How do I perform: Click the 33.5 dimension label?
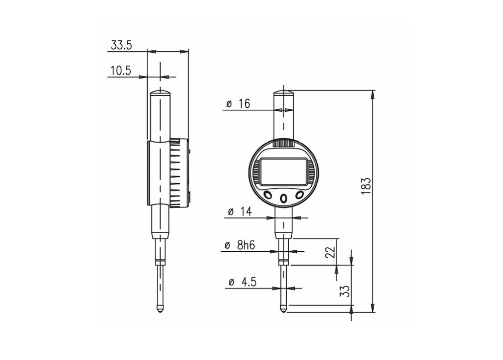[x=121, y=45]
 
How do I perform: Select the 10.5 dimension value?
[x=121, y=71]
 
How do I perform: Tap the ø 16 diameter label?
[x=238, y=104]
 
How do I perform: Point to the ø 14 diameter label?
[x=239, y=212]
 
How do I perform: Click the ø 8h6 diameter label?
[x=239, y=246]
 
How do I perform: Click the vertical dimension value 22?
[x=330, y=252]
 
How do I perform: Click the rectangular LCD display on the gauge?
[x=283, y=172]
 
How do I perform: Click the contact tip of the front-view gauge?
[x=284, y=309]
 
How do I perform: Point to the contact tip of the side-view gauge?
[x=160, y=309]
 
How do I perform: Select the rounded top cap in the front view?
[x=284, y=93]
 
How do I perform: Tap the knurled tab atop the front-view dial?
[x=284, y=143]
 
